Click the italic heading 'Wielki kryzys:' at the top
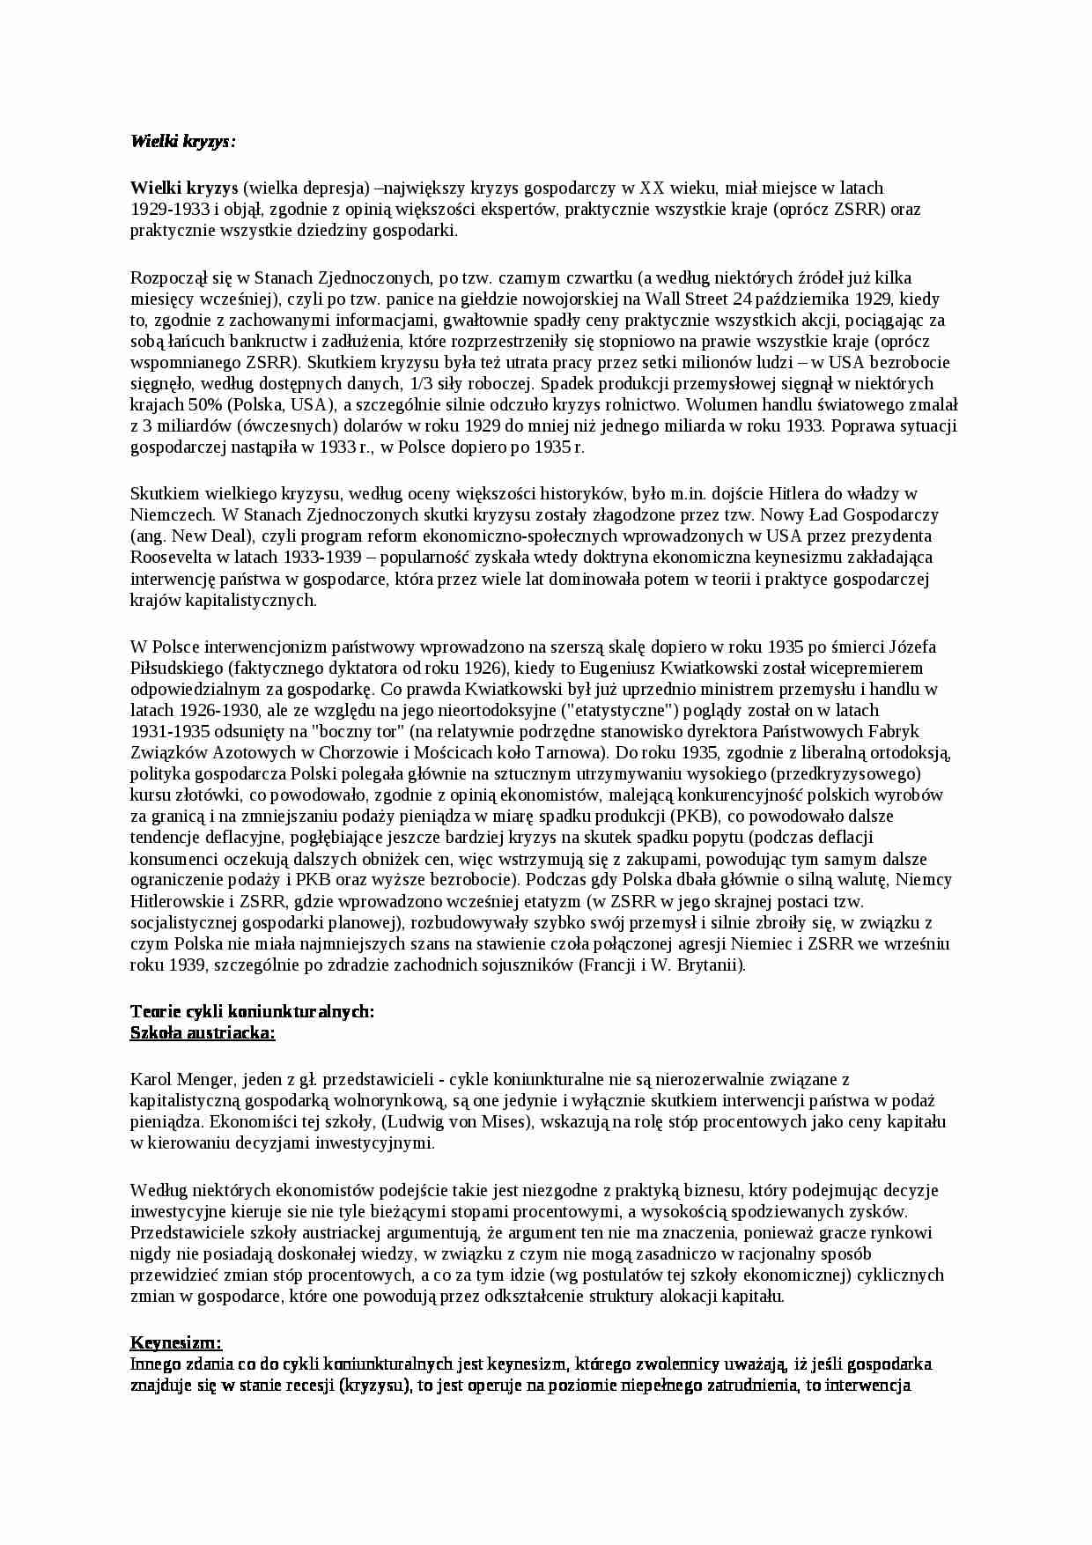click(183, 141)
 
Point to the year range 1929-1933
click(170, 209)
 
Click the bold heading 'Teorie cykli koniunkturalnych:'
click(252, 1011)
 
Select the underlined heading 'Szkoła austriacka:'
click(203, 1032)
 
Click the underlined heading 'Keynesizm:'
click(176, 1342)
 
